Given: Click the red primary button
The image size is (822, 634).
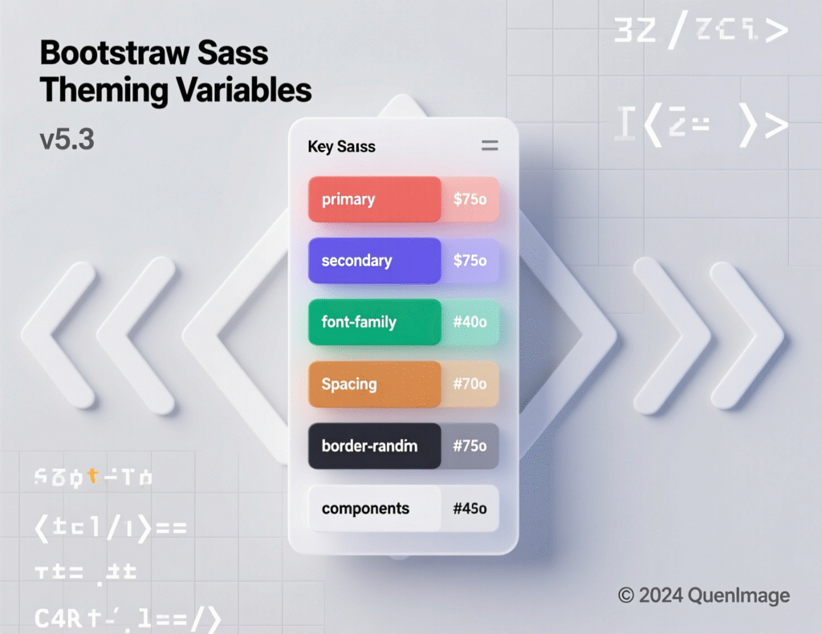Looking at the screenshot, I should click(374, 199).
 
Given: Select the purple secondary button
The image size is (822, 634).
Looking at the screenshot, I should click(374, 261).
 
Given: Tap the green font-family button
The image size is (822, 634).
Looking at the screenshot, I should click(374, 322).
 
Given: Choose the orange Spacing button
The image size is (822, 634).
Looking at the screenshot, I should click(374, 384).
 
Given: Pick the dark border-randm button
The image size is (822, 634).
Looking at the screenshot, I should click(374, 445).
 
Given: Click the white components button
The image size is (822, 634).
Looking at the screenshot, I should click(374, 508).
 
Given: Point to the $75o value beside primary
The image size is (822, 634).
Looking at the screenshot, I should click(470, 199).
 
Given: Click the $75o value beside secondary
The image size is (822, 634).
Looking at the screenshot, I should click(470, 261).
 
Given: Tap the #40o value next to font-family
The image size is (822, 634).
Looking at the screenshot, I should click(470, 322).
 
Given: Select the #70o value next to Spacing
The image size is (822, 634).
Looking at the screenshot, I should click(470, 384).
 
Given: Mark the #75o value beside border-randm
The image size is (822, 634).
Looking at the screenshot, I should click(470, 445).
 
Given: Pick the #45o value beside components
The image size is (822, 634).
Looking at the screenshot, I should click(470, 508).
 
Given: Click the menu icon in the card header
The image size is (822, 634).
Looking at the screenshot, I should click(489, 146).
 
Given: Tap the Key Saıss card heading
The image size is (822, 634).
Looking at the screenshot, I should click(341, 147).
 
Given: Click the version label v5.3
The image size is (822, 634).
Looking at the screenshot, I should click(67, 140).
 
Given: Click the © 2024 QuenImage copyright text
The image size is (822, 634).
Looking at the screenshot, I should click(703, 595).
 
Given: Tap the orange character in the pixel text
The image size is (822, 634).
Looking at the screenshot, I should click(93, 477).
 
